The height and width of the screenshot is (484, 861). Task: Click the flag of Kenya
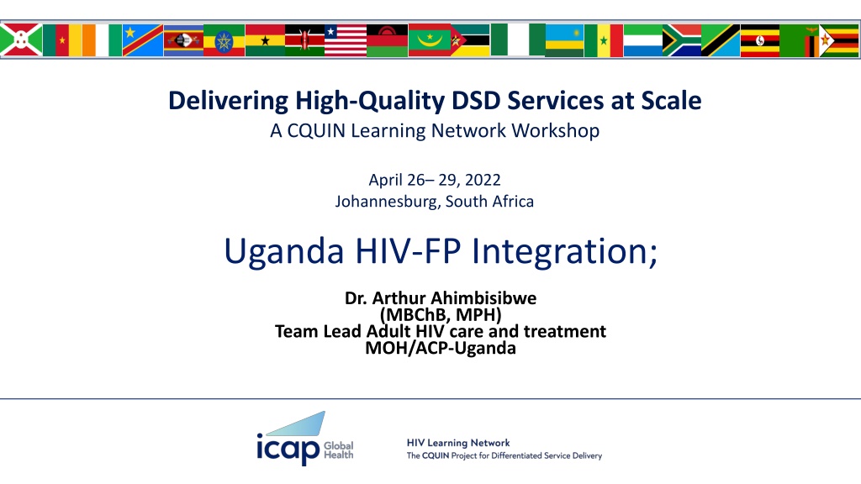pos(304,40)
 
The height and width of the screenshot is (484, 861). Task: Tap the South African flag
pos(681,40)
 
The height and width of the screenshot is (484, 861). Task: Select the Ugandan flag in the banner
pos(760,40)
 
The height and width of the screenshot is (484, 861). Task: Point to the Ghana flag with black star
pos(265,40)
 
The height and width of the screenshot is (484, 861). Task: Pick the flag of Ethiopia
pos(224,40)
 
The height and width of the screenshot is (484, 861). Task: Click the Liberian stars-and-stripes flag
pos(346,40)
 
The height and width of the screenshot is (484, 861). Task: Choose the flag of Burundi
pos(21,40)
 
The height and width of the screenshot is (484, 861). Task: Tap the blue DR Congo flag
pos(143,40)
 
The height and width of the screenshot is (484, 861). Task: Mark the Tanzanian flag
pos(721,40)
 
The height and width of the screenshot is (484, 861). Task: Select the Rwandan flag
pos(564,40)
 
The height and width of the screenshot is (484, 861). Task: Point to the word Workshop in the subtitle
pos(556,131)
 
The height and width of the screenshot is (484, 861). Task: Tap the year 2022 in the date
pos(483,180)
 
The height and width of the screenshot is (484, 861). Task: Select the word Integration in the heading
pos(564,252)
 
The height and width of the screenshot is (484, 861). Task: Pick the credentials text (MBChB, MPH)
pos(441,315)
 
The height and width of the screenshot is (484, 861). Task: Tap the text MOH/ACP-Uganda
pos(441,348)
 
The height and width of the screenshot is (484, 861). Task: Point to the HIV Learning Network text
pos(458,443)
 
